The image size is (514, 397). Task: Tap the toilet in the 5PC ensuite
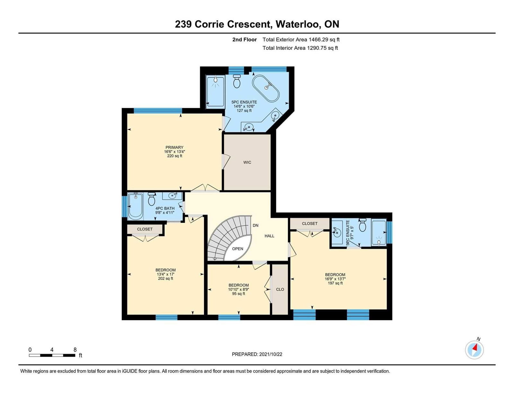(x=236, y=81)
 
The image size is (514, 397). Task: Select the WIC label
(x=247, y=163)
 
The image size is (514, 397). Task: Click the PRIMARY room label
(x=174, y=147)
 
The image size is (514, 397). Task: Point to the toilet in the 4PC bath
(x=151, y=199)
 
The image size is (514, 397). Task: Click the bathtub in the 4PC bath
(x=135, y=207)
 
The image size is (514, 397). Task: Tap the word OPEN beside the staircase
(x=237, y=249)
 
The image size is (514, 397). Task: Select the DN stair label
(x=255, y=225)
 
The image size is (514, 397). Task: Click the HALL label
(x=270, y=236)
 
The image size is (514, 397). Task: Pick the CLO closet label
(x=280, y=289)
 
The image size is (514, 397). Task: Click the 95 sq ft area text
(x=238, y=294)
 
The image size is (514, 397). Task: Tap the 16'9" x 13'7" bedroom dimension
(x=335, y=279)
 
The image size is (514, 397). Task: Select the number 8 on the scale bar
(x=75, y=350)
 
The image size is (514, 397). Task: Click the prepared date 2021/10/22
(x=270, y=354)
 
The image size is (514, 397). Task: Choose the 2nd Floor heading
(x=244, y=40)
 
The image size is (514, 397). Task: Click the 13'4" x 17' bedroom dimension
(x=165, y=274)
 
